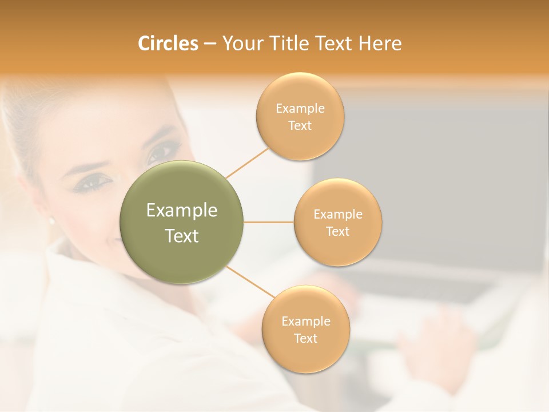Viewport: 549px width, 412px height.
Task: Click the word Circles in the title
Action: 168,43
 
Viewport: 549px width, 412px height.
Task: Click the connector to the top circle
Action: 247,163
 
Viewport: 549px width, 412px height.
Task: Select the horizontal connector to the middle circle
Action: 268,222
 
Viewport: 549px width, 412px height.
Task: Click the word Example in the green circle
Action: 182,211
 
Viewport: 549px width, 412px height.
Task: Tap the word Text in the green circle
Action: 182,236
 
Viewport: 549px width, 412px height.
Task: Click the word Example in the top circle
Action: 300,109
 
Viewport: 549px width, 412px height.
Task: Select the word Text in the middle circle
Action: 337,231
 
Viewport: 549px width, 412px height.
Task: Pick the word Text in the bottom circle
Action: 305,338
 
